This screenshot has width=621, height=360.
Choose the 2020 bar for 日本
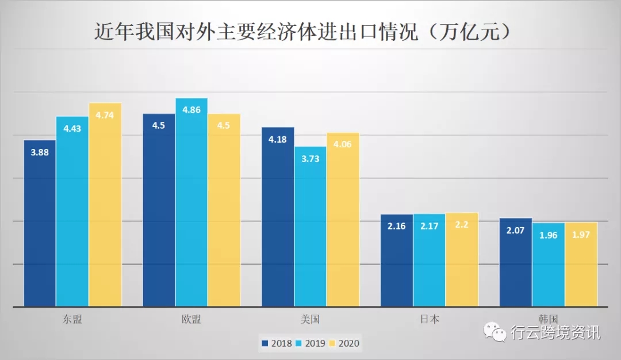462,259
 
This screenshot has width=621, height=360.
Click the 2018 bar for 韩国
516,262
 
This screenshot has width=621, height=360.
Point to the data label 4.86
191,109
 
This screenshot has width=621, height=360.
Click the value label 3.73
310,158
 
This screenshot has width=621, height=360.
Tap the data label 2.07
516,230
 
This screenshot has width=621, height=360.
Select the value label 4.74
105,114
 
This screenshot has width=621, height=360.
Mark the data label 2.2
462,225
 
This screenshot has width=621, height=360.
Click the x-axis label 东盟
73,319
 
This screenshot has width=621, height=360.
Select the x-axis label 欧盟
191,319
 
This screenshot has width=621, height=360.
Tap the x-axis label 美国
310,319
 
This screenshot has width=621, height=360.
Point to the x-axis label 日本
430,319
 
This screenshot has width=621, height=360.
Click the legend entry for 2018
277,343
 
